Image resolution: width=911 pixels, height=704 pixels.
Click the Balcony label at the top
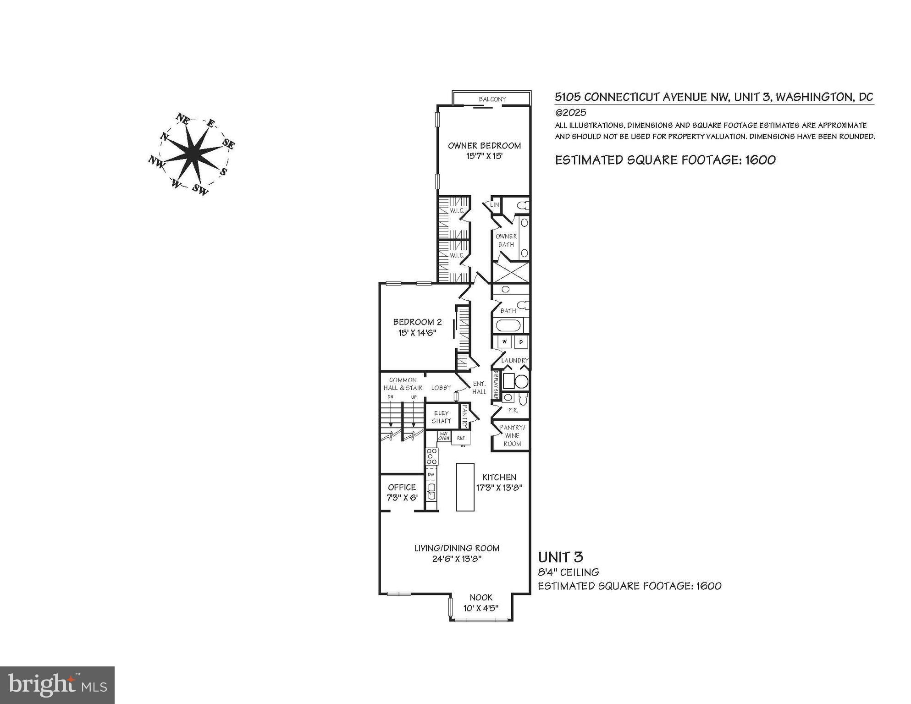coord(492,99)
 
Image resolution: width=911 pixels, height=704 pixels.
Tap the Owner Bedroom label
coord(484,146)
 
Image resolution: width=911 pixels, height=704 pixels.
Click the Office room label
coord(402,487)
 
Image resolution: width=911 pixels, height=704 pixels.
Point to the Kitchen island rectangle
coord(464,487)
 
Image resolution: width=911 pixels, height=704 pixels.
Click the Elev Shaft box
coord(442,417)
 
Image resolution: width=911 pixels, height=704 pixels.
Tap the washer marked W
coord(505,341)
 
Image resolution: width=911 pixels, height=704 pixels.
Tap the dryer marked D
coord(521,341)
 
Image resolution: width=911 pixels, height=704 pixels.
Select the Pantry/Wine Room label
coord(512,435)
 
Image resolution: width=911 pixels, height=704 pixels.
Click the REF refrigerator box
coord(461,438)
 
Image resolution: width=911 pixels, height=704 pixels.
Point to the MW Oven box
coord(444,436)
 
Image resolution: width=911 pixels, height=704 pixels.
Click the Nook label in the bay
coord(480,597)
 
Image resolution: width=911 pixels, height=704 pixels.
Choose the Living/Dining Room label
coord(457,548)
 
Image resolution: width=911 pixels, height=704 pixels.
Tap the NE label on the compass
coord(182,120)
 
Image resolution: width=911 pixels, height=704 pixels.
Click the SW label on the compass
coord(200,189)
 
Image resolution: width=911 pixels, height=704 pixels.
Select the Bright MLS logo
coord(57,685)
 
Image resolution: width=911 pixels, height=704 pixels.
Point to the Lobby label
coord(441,388)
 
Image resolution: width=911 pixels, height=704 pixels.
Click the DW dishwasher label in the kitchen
coord(431,474)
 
